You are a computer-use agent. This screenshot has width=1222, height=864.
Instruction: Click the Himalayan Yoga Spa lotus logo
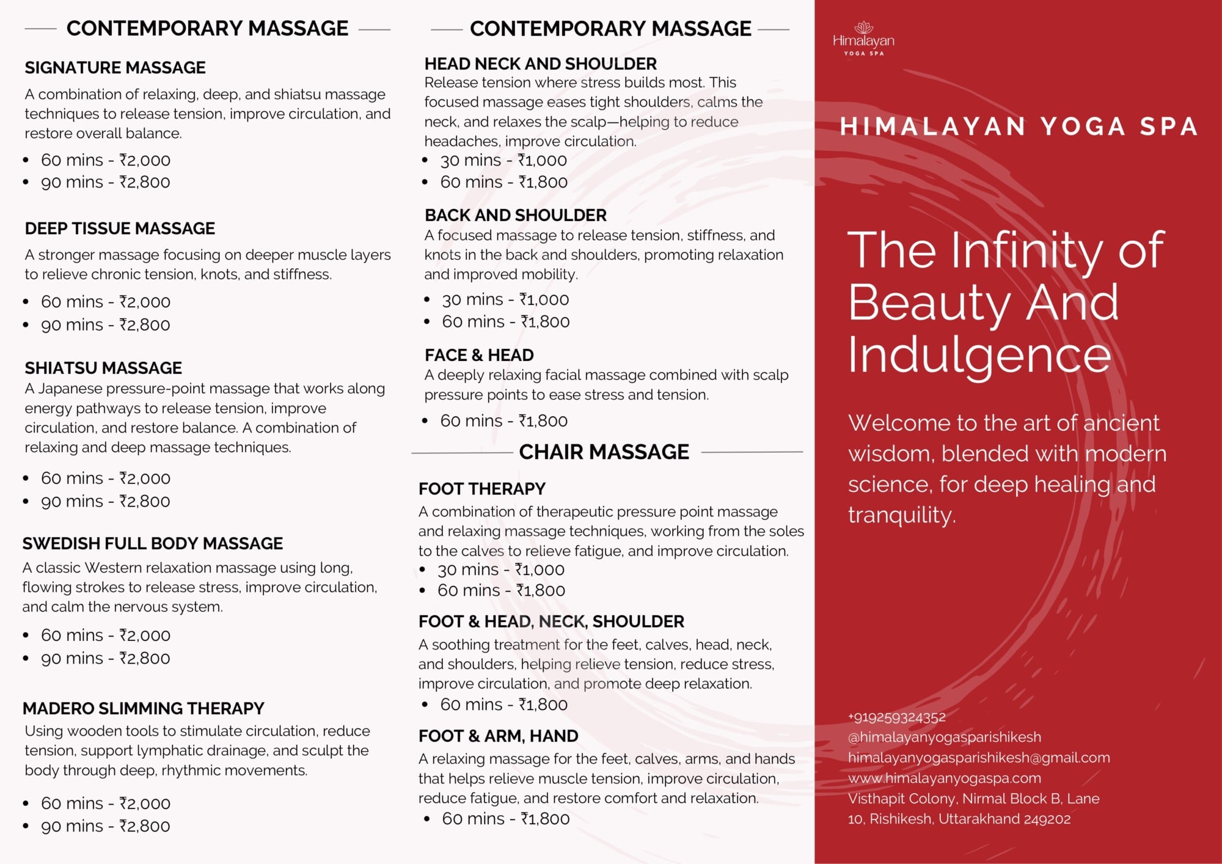863,38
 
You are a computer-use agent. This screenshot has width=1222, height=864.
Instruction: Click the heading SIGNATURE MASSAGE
115,67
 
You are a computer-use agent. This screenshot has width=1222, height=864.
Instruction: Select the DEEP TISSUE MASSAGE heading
120,229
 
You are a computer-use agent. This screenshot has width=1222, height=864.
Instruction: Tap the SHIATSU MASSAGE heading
103,368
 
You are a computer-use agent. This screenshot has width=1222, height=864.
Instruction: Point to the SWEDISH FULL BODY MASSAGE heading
153,543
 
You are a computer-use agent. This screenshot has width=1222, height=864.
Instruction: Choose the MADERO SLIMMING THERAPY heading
144,708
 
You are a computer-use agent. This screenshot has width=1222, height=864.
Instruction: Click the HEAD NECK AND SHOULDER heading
541,64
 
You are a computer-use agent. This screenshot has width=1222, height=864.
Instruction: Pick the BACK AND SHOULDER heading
516,215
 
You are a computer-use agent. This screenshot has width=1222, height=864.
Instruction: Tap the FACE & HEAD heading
479,355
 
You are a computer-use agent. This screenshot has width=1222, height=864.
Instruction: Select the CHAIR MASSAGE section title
604,452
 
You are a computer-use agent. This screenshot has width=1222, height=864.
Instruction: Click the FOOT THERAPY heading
482,489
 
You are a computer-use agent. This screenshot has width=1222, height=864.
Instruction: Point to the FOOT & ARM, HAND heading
499,736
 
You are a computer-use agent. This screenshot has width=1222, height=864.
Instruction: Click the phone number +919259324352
897,717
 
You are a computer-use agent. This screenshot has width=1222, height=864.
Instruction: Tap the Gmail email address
979,758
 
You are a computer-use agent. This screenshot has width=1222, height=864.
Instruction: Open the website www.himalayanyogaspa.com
945,778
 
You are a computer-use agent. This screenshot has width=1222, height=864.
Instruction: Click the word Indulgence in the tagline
979,356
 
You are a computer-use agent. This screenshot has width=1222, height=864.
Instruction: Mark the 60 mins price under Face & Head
504,420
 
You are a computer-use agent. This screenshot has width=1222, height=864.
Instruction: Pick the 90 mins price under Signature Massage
105,182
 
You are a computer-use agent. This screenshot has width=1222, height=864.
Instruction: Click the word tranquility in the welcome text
902,515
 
